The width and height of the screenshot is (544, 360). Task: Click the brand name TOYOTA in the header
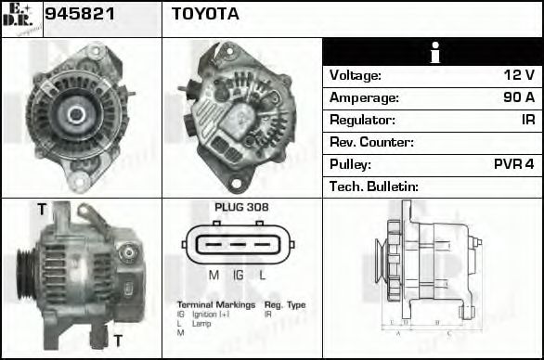click(x=205, y=14)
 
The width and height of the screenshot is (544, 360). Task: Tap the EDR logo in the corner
click(x=20, y=18)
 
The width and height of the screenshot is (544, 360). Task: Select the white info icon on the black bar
click(x=433, y=53)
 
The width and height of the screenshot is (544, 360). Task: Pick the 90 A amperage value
click(x=517, y=97)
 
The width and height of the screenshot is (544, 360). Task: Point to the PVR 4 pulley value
click(x=513, y=164)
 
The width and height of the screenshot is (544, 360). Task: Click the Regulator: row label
click(x=362, y=120)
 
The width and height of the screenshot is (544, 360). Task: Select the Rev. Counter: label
click(x=371, y=142)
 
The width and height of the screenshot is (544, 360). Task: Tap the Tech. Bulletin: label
click(x=374, y=186)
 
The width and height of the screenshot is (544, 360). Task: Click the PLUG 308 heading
click(x=241, y=207)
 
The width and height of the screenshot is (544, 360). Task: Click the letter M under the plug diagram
click(x=213, y=275)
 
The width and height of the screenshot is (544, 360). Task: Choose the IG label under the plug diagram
click(x=239, y=275)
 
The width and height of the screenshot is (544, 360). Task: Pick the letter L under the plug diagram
click(x=263, y=275)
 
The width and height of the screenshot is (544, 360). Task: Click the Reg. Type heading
click(x=285, y=304)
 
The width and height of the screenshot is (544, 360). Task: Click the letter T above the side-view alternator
click(x=41, y=210)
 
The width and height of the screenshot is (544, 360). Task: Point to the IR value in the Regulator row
click(x=526, y=120)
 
